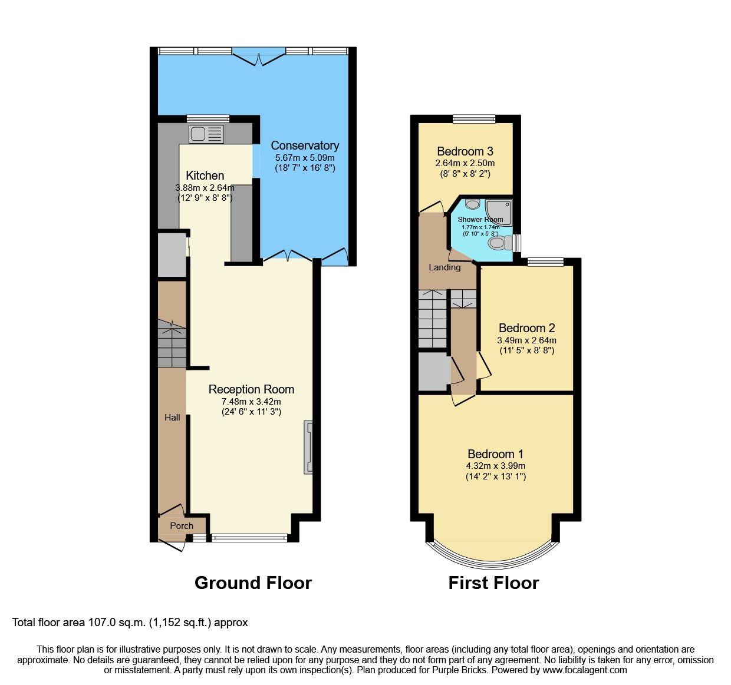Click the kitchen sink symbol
click(x=206, y=134)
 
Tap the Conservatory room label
click(x=305, y=145)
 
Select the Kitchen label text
click(x=205, y=176)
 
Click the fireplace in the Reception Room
click(x=308, y=448)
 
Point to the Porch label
click(x=182, y=525)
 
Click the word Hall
click(x=172, y=417)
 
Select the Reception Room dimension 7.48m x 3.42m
click(x=251, y=402)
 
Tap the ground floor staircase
click(x=172, y=345)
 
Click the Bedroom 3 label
click(x=465, y=151)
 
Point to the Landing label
click(x=444, y=267)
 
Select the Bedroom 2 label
click(x=526, y=328)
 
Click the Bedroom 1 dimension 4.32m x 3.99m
click(x=495, y=465)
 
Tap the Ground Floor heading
click(x=253, y=583)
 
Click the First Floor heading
click(x=493, y=583)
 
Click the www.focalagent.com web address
click(x=585, y=670)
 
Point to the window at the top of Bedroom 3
click(x=474, y=118)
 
